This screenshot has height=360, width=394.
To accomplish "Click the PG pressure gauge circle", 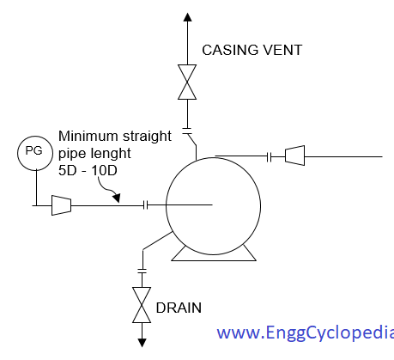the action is [x=35, y=153].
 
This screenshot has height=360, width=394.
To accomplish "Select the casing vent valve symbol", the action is [x=187, y=82].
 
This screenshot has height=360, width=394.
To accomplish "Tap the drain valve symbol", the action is [x=142, y=305].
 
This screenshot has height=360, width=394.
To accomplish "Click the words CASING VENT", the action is [x=252, y=50].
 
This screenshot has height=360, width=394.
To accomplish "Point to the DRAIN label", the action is [x=179, y=308].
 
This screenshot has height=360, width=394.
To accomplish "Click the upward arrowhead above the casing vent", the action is [x=187, y=17].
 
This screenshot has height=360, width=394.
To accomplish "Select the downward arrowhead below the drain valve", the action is [x=142, y=343].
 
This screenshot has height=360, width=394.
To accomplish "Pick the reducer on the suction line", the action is [x=61, y=205].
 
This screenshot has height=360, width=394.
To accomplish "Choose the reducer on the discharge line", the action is [x=294, y=156].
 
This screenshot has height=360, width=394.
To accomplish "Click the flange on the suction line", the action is [x=146, y=205].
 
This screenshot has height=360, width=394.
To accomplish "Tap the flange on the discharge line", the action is [x=269, y=157].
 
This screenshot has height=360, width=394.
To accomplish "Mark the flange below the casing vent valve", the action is [x=187, y=131].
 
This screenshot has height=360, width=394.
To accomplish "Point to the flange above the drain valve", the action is [x=142, y=271].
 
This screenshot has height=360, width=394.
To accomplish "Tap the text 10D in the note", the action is [x=105, y=171].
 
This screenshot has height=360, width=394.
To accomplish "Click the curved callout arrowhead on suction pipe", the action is [x=117, y=198].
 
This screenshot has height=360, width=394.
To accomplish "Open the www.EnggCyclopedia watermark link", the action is [x=306, y=333].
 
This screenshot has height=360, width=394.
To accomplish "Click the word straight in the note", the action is [x=147, y=137].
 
